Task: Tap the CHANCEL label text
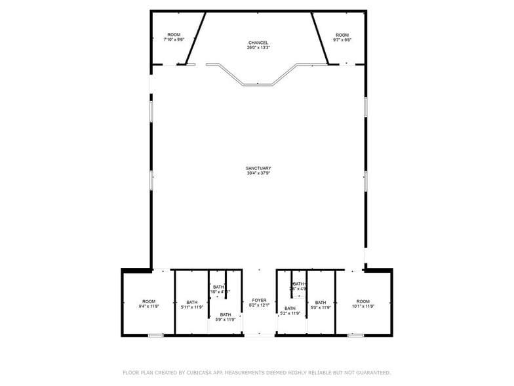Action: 258,43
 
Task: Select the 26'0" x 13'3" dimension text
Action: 258,48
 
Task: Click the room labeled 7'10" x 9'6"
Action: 174,37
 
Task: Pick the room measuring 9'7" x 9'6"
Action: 342,37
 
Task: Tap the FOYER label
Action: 259,300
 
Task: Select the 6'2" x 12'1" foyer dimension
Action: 259,305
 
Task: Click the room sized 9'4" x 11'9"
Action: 149,303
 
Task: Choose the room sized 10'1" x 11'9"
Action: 363,303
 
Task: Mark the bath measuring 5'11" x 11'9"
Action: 192,305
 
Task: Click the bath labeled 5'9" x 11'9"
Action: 225,317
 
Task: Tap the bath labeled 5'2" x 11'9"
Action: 290,311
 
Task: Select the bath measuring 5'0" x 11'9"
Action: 321,305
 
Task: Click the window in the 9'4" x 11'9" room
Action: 155,335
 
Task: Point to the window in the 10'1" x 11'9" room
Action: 355,335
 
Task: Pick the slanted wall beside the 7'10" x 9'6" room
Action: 198,38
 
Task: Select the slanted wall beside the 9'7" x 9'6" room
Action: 319,38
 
